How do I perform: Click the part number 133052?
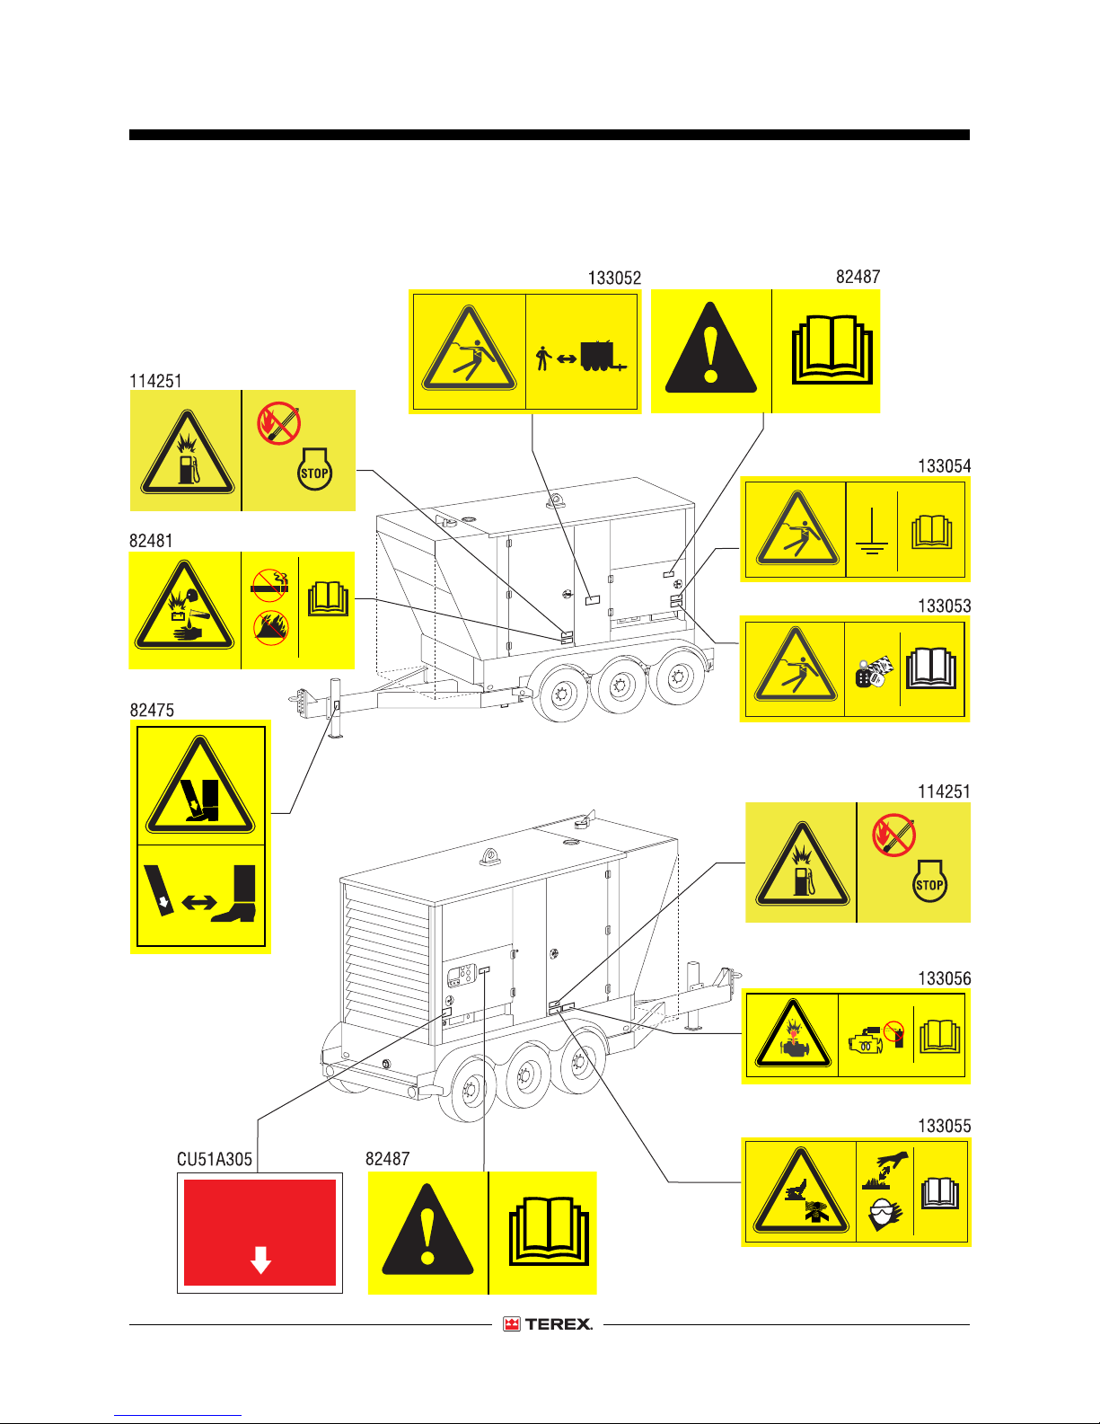(614, 278)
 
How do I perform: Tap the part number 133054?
(944, 466)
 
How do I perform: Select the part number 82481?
(151, 541)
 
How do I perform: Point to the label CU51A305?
(215, 1159)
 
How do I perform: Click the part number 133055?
(944, 1126)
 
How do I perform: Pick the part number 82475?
(152, 711)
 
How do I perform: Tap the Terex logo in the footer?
(548, 1323)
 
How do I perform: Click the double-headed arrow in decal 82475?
(199, 903)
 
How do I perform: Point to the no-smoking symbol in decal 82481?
(269, 585)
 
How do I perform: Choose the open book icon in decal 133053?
(931, 668)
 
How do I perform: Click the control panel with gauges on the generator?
(462, 975)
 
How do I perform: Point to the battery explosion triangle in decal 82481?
(184, 606)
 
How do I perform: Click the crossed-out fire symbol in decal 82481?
(270, 628)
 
